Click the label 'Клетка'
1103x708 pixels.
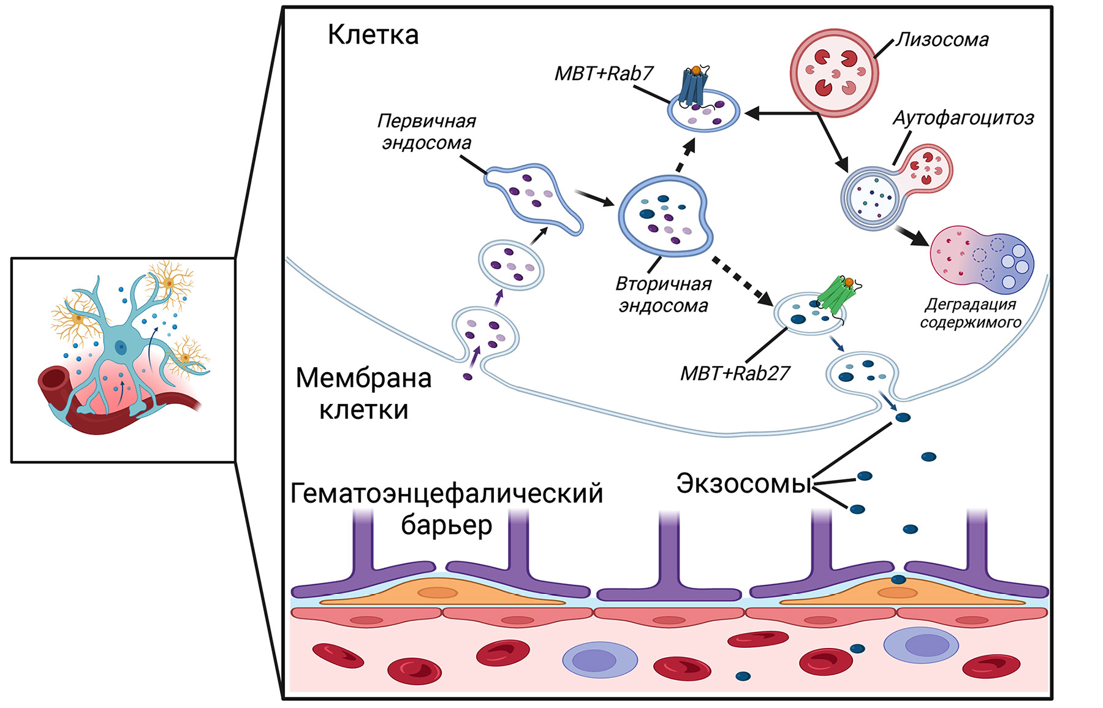coord(373,35)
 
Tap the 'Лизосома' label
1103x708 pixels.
coord(942,40)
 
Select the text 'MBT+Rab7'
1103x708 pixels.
coord(604,74)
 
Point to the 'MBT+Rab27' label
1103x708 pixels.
coord(735,373)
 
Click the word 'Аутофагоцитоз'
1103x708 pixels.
coord(963,118)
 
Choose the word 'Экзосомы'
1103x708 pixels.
coord(743,484)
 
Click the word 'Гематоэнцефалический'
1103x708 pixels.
coord(447,493)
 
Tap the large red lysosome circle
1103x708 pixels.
coord(834,73)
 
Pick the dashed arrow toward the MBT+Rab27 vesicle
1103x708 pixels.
coord(742,280)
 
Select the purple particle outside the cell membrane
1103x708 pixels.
coord(468,377)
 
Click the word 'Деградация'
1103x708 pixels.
coord(971,305)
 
